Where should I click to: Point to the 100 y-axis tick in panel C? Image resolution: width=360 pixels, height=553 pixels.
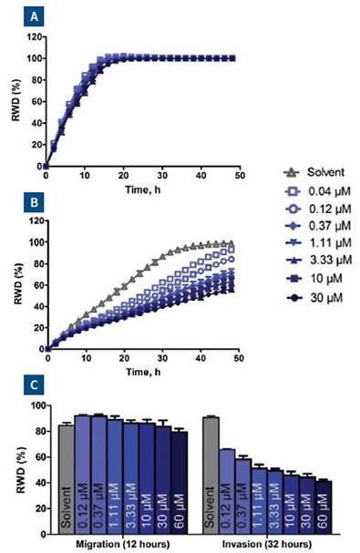(34, 406)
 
